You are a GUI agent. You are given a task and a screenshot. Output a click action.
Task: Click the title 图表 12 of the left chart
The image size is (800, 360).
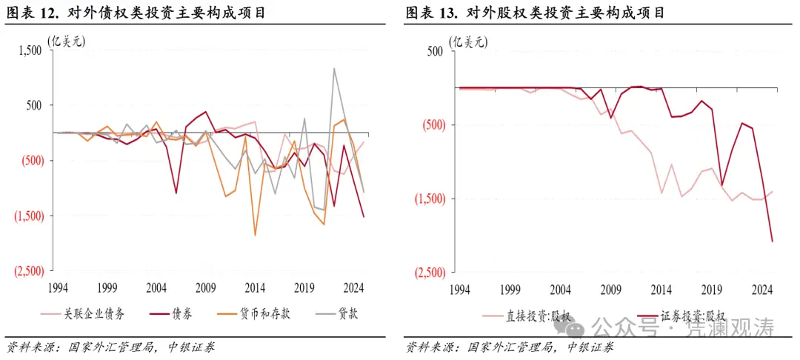click(137, 13)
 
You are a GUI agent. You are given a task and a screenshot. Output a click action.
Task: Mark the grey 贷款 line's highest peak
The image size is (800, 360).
click(334, 68)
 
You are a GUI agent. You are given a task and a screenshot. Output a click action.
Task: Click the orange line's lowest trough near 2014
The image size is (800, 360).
click(256, 236)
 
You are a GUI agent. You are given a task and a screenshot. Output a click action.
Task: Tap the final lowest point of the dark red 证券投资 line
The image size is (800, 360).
click(773, 241)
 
